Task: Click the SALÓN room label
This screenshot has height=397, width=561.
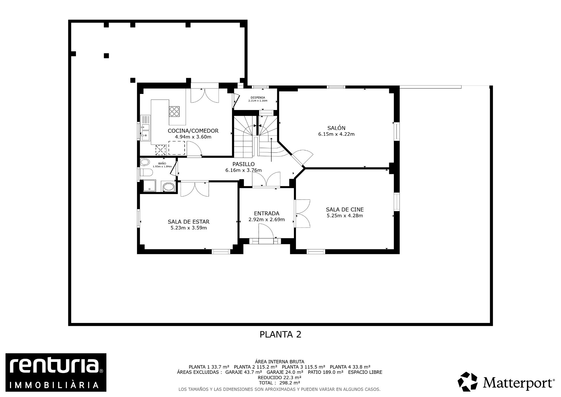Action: click(336, 128)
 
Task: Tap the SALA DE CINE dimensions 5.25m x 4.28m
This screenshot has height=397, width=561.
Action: click(345, 216)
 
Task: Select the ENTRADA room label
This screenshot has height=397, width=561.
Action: click(266, 214)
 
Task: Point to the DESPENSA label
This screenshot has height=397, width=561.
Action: click(258, 98)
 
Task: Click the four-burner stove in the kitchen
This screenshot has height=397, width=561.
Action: click(174, 111)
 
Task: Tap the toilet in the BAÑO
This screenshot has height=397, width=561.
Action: click(146, 172)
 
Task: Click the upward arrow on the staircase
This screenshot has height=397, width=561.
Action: click(271, 149)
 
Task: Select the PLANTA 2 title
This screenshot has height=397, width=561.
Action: click(280, 334)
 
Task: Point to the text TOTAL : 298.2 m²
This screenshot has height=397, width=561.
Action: click(279, 383)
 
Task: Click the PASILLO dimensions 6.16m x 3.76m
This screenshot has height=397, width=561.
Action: click(243, 170)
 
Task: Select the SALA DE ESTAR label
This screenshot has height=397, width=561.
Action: click(188, 222)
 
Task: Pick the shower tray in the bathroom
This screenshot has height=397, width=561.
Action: click(150, 186)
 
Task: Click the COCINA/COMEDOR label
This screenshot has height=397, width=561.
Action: click(193, 131)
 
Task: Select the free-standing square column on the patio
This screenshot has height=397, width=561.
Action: click(106, 56)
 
